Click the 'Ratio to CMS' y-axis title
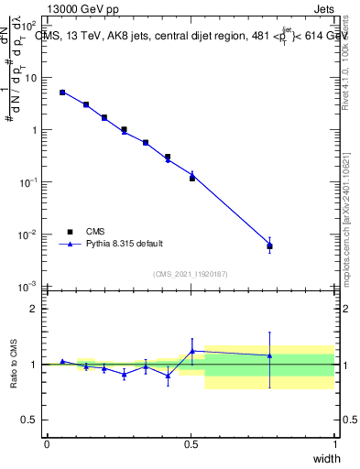pos(14,365)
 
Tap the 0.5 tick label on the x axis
pos(191,443)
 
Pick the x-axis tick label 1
pos(334,443)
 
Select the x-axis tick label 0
pos(47,443)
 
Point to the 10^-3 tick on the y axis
pos(27,287)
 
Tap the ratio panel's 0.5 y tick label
pos(31,420)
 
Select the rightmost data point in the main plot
pos(269,245)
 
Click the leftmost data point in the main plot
pos(62,93)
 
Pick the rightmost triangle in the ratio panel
pos(269,355)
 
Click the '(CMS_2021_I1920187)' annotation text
pos(191,273)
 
